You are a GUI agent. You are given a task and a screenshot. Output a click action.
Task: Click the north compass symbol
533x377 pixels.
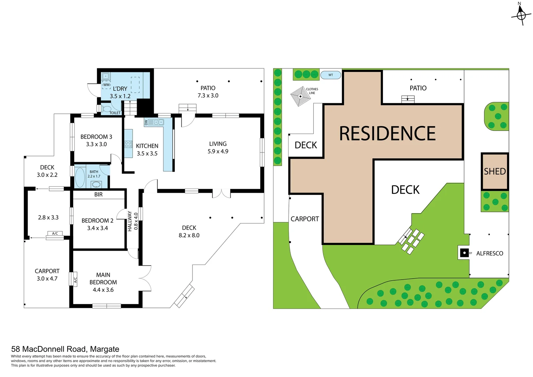521,15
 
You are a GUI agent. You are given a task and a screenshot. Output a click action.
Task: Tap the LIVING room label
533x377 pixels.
218,147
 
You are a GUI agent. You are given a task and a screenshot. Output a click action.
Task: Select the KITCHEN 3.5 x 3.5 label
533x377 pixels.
147,149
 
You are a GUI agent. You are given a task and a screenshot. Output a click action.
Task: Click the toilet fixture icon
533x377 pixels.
105,109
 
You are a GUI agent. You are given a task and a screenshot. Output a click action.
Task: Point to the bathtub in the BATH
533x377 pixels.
80,177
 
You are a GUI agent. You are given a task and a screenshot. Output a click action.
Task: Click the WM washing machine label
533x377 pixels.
106,85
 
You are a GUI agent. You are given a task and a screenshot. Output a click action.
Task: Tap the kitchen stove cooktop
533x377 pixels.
128,144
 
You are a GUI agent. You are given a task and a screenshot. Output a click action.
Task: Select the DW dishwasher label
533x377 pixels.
146,123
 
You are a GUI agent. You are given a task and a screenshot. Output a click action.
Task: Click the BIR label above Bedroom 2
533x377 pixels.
98,194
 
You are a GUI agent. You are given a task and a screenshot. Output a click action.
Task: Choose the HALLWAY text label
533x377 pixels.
130,221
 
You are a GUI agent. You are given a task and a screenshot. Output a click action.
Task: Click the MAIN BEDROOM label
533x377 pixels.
103,282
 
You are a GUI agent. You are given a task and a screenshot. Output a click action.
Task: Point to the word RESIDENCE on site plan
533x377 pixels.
387,133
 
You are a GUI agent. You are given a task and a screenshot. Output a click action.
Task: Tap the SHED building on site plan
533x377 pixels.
495,171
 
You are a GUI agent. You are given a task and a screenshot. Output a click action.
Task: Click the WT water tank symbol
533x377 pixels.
330,75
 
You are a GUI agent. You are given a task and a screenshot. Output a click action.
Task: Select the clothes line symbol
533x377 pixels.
300,96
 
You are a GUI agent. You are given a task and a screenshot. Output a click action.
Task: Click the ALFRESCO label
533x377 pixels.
489,253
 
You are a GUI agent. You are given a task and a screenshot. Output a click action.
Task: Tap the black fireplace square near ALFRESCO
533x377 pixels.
464,253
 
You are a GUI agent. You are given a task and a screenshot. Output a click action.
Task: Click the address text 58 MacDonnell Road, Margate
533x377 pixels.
65,349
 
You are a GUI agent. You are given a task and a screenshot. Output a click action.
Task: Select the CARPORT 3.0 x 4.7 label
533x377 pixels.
47,275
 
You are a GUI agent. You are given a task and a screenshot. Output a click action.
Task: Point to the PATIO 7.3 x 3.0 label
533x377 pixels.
208,92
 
